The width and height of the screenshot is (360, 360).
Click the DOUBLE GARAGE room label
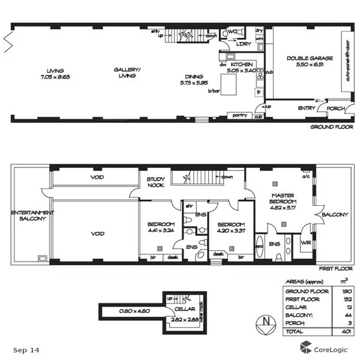click(305, 61)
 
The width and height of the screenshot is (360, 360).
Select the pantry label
click(239, 115)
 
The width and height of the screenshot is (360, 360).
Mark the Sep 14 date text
click(26, 349)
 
